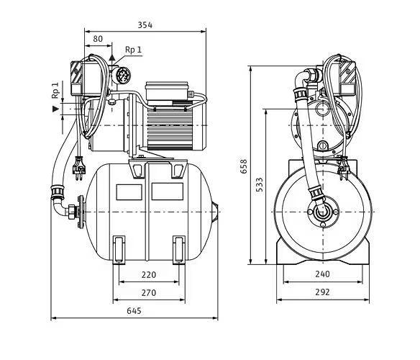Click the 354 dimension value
point(145,25)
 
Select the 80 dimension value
point(98,39)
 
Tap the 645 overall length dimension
point(134,311)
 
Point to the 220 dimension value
point(149,275)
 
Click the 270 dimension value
point(149,292)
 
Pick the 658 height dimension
point(244,166)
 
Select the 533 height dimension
point(260,184)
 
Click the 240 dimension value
point(322,274)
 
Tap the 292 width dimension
point(322,292)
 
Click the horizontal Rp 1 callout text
point(133,50)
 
